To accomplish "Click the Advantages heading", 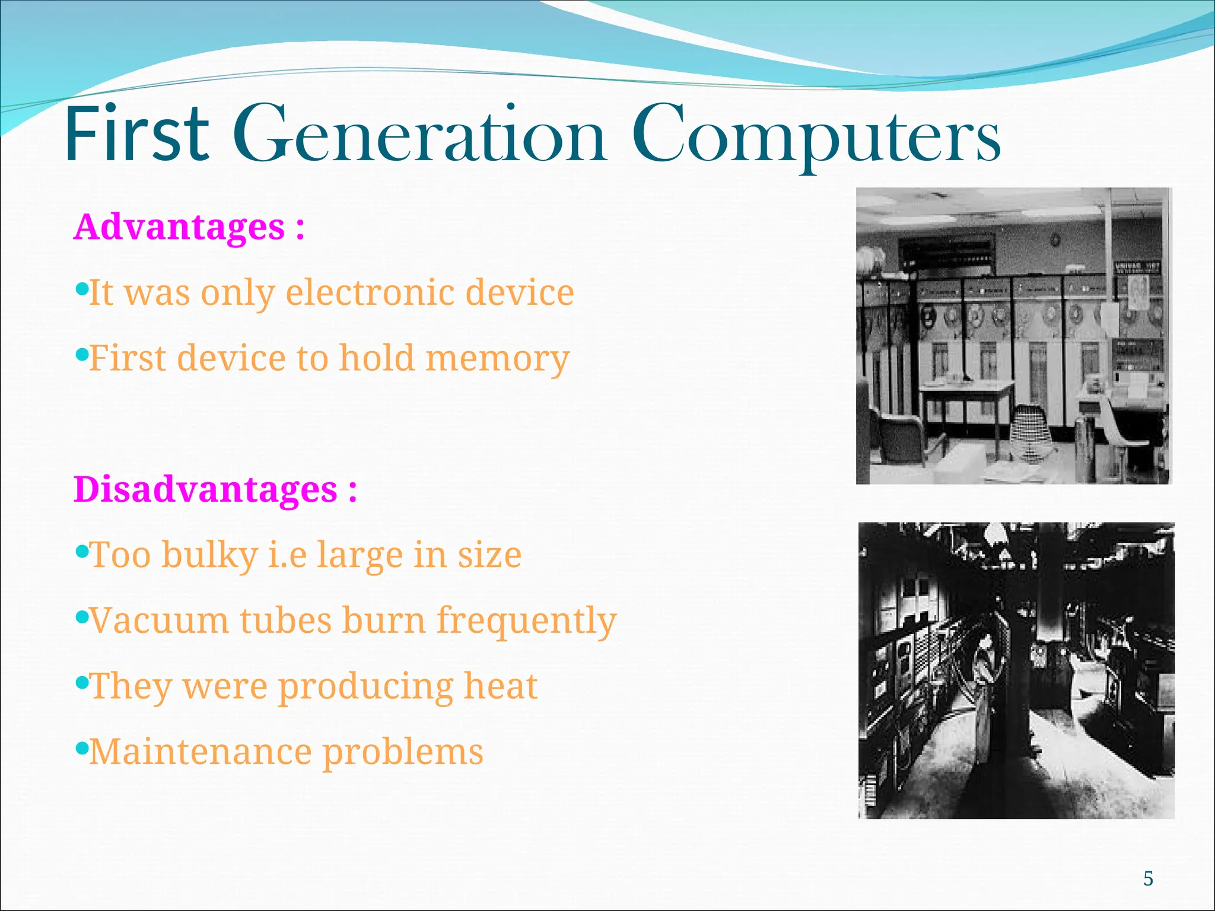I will pyautogui.click(x=189, y=227).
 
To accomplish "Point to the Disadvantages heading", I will pyautogui.click(x=215, y=490).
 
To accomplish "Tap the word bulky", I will pyautogui.click(x=209, y=556).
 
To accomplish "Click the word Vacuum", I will pyautogui.click(x=159, y=621).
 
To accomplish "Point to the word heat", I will pyautogui.click(x=500, y=686).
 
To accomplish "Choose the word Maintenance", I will pyautogui.click(x=200, y=752).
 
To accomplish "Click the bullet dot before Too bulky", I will pyautogui.click(x=82, y=552).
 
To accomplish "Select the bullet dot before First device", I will pyautogui.click(x=82, y=355).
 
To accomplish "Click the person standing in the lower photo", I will pyautogui.click(x=985, y=700).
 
